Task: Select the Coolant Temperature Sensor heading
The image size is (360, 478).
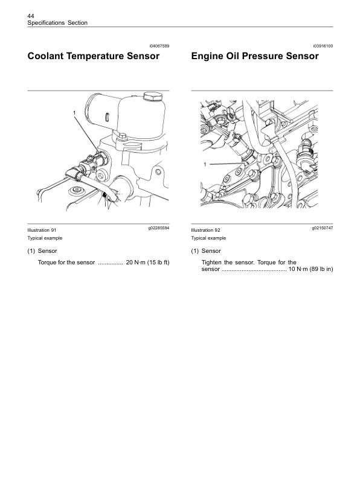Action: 94,57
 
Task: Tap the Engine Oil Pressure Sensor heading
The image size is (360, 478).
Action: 255,57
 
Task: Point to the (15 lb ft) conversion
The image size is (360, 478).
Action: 158,263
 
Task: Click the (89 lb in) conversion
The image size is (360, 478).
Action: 321,269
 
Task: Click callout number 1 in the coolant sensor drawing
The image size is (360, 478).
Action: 75,113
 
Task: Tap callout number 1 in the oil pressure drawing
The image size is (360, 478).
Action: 205,164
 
